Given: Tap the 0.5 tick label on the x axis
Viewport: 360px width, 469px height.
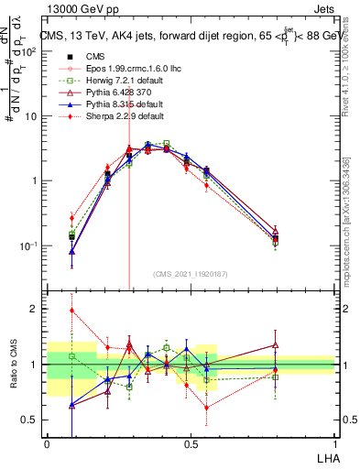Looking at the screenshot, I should point(191,443).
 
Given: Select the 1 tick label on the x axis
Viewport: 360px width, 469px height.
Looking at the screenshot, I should point(334,443).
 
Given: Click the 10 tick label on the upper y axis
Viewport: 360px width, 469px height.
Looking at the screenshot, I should point(31,116).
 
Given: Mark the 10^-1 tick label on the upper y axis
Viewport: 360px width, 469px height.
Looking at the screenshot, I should point(29,245).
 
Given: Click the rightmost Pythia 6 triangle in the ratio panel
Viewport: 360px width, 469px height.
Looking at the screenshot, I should point(276,345).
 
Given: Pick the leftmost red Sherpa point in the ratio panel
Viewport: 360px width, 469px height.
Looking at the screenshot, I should point(71,311).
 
